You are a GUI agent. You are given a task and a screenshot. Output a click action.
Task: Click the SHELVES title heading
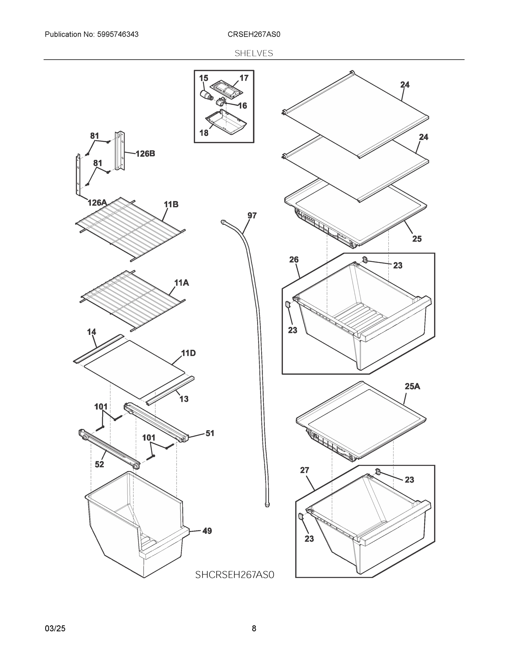point(254,53)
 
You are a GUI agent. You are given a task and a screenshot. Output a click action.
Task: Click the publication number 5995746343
point(118,34)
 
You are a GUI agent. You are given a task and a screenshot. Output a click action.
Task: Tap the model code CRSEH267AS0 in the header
point(254,34)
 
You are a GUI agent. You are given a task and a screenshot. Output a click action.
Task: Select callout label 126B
point(145,154)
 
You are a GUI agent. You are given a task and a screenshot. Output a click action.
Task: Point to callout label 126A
point(97,203)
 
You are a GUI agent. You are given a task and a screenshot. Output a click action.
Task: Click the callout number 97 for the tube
point(252,215)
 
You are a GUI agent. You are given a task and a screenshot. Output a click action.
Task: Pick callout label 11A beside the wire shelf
point(182,283)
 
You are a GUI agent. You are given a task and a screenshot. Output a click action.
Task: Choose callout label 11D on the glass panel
point(188,353)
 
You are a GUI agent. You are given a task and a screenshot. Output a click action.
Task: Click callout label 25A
point(412,386)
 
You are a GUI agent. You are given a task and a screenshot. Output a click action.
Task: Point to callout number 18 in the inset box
point(204,133)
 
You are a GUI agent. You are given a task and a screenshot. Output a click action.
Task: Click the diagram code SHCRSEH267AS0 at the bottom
point(234,575)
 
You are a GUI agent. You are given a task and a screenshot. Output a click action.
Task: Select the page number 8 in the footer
point(254,628)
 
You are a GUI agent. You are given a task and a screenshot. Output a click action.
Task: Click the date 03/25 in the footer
point(55,628)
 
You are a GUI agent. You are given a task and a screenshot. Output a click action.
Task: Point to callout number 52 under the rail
point(99,464)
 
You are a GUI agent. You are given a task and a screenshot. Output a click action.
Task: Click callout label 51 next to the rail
point(210,433)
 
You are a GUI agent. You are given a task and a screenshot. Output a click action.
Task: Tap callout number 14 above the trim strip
point(91,332)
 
